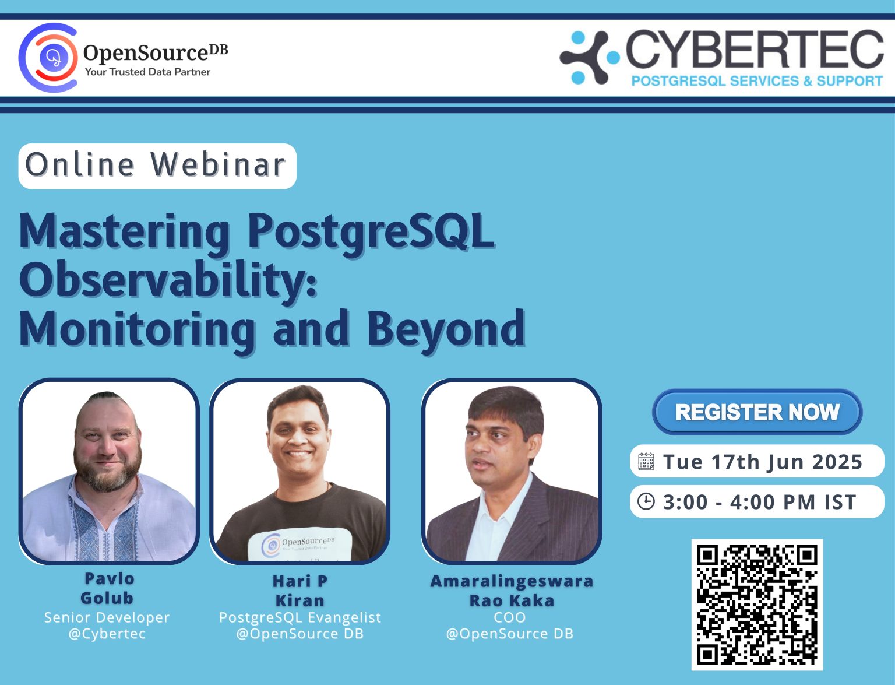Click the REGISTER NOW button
pos(757,412)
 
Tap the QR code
pos(757,605)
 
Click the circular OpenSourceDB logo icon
pos(49,58)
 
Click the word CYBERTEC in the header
pos(755,50)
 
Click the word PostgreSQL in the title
pos(371,232)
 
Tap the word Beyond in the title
pos(446,329)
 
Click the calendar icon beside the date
pos(646,462)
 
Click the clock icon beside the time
pos(646,501)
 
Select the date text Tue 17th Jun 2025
pos(762,462)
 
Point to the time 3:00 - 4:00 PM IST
pos(759,502)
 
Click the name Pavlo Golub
pos(108,588)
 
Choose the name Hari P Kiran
pos(299,591)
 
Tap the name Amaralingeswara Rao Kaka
pos(512,591)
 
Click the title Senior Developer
pos(107,617)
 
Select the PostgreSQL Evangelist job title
pos(299,617)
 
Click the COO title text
pos(510,617)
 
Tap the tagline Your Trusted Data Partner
pos(147,72)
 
